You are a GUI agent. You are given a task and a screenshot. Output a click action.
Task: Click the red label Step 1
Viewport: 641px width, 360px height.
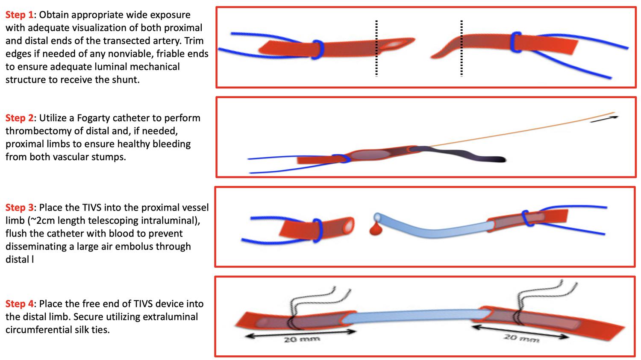[20, 15]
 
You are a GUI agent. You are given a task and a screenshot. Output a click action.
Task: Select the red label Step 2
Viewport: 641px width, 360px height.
[20, 118]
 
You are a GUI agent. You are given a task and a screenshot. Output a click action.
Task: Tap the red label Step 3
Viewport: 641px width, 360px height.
[20, 208]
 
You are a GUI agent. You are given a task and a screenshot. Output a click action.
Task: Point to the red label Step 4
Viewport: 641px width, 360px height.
[20, 304]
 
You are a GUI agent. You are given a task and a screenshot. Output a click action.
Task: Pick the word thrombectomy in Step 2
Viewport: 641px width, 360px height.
[34, 131]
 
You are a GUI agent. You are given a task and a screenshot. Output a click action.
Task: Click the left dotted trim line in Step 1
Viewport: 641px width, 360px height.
[376, 48]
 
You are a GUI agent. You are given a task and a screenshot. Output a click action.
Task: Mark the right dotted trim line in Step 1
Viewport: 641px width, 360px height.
[462, 48]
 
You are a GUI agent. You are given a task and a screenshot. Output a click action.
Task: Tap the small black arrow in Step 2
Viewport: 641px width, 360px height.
[604, 119]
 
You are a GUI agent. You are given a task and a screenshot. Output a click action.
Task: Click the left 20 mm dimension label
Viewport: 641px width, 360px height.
[302, 340]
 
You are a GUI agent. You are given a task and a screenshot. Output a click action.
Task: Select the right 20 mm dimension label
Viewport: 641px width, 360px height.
[521, 339]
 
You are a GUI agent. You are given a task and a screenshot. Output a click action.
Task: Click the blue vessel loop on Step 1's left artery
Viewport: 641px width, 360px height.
[318, 50]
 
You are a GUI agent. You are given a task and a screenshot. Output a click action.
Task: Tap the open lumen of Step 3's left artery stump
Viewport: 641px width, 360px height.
[349, 226]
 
